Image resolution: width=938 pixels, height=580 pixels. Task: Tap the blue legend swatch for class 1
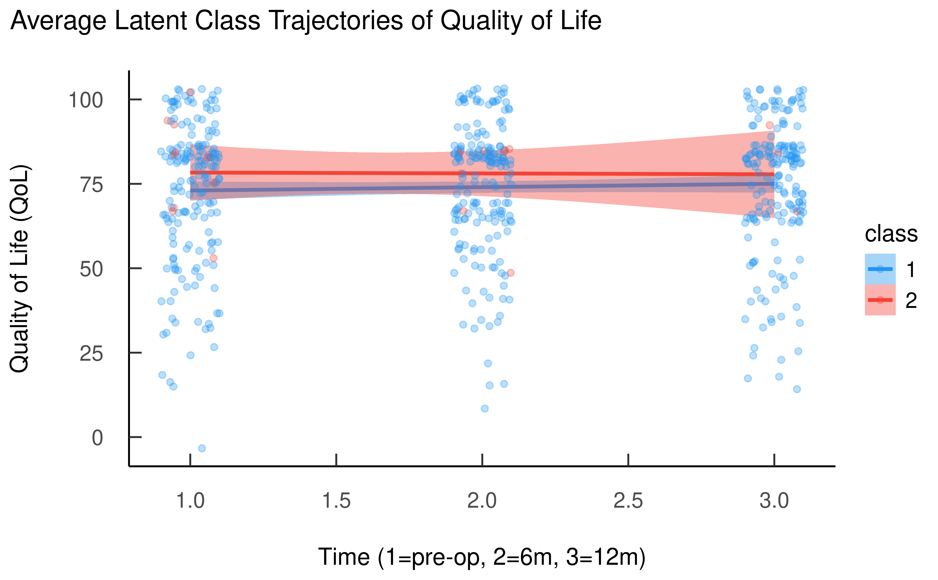coord(880,269)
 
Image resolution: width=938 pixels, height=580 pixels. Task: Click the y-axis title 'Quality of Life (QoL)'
coord(19,268)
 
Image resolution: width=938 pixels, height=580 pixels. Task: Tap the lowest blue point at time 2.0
coord(485,409)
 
